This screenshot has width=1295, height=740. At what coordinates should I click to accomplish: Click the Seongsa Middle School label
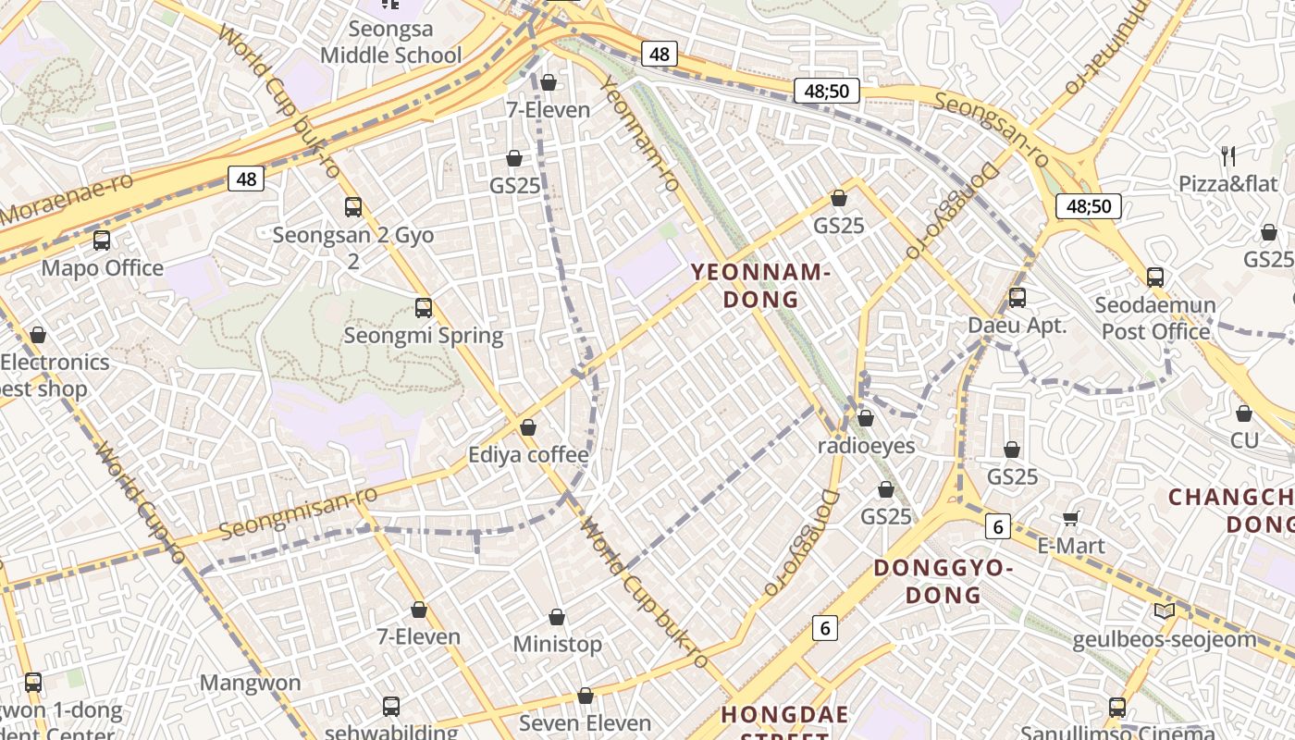(390, 43)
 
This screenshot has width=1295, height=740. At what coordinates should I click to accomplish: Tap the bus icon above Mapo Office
(102, 240)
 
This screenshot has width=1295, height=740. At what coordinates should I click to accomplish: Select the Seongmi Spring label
(424, 335)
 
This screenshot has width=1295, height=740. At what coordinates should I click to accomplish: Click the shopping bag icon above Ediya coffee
(528, 427)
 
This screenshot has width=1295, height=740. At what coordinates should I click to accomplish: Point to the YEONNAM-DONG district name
(759, 285)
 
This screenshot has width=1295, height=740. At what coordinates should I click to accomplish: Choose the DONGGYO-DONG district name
(943, 581)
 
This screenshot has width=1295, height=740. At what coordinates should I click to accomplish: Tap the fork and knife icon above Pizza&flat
(1228, 155)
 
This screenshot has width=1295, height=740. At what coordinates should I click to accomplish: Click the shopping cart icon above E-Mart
(1071, 518)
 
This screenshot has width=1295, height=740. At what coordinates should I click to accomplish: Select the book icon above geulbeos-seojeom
(1165, 610)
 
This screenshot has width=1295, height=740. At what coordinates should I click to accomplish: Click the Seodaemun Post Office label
(1155, 318)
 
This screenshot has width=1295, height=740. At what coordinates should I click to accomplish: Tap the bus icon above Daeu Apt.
(1017, 298)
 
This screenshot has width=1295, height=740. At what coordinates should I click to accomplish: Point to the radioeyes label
(866, 446)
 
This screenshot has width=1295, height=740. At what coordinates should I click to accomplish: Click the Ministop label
(557, 644)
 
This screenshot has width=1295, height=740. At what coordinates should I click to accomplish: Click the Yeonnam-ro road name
(641, 135)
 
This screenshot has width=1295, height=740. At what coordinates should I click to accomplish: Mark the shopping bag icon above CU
(1244, 413)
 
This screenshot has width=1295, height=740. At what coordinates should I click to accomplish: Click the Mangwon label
(251, 684)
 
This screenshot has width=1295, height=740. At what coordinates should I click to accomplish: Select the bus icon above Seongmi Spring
(424, 308)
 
